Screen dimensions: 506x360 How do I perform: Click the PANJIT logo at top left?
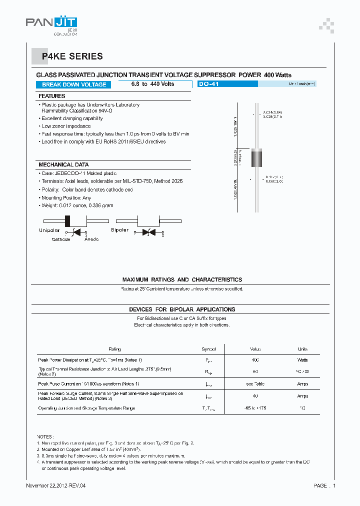51,23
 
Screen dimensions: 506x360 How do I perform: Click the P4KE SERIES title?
72,56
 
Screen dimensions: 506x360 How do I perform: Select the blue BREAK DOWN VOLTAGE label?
74,84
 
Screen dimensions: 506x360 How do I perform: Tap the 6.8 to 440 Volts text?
152,84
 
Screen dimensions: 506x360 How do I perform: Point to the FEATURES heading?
52,96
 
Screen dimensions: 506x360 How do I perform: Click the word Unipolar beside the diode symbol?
49,230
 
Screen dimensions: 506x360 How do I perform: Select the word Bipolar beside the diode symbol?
119,230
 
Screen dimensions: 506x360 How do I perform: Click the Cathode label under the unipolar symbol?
61,239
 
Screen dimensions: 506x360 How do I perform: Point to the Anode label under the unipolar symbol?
91,239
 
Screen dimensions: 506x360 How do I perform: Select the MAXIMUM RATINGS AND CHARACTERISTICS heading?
182,279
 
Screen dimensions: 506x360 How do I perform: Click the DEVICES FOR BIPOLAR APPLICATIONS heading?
182,309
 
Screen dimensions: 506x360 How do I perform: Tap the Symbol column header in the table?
208,349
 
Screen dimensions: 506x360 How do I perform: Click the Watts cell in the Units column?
302,360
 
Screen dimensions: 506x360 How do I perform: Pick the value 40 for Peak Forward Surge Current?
255,396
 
